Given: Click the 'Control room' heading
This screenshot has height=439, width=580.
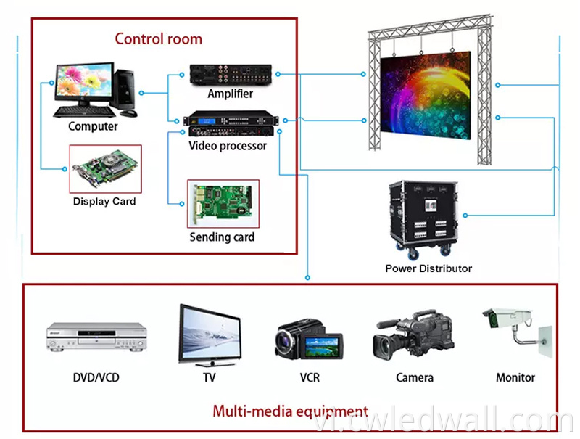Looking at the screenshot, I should (158, 39).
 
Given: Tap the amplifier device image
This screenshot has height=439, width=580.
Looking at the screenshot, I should (231, 74).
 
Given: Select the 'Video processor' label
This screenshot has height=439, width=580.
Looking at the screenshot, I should (228, 146).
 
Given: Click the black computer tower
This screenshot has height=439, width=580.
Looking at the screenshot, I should (126, 91).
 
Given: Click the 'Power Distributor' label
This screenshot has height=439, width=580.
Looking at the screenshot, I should (428, 268).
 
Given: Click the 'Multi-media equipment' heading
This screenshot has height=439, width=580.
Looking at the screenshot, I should (290, 411).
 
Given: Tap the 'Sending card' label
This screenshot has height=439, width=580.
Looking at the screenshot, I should (222, 237).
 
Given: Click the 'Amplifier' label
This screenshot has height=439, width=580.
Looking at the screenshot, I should (230, 94).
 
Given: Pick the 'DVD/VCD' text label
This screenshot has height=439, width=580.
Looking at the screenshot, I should (96, 378).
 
